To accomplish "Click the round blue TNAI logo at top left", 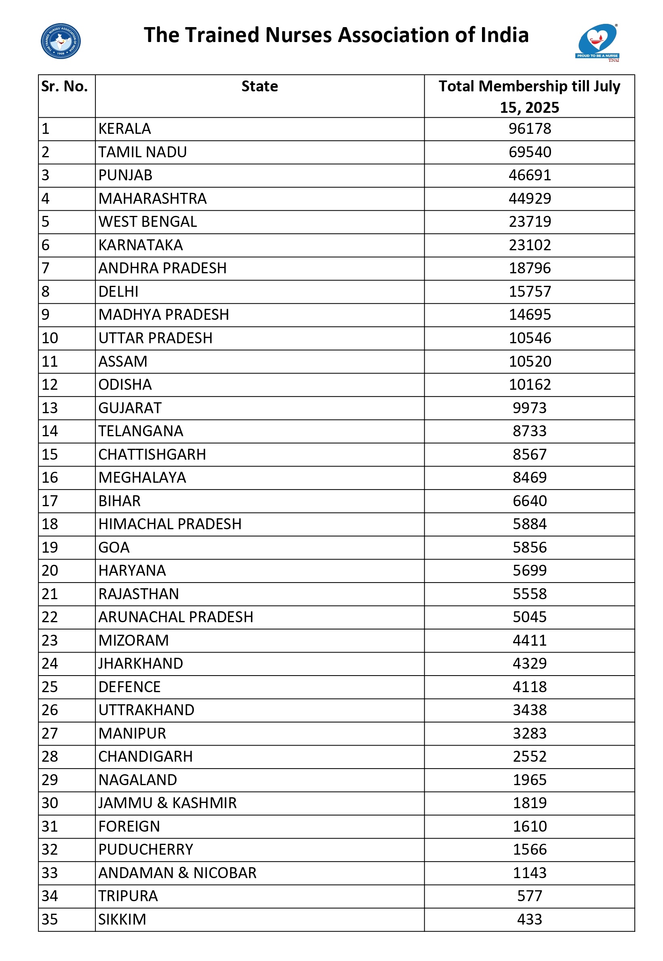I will point(61,41).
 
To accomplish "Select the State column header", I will point(260,87).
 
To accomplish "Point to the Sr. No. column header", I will point(64,87).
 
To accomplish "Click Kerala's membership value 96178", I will point(530,129).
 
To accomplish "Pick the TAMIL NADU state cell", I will point(143,152).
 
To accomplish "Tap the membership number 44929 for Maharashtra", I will point(530,199).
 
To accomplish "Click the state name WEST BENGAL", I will point(147,222).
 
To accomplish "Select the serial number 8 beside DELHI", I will point(46,292).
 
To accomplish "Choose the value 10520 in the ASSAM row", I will point(530,361).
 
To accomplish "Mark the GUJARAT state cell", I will point(130,408).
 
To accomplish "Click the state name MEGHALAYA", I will point(142,477).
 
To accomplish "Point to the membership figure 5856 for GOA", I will point(530,547).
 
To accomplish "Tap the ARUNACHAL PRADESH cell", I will point(176,617).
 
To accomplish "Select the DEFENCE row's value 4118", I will point(530,687).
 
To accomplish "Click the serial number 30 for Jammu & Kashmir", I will point(50,803).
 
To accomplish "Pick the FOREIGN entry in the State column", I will point(129,826).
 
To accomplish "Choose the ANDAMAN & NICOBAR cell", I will point(177,873).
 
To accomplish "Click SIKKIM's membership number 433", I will point(530,919).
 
